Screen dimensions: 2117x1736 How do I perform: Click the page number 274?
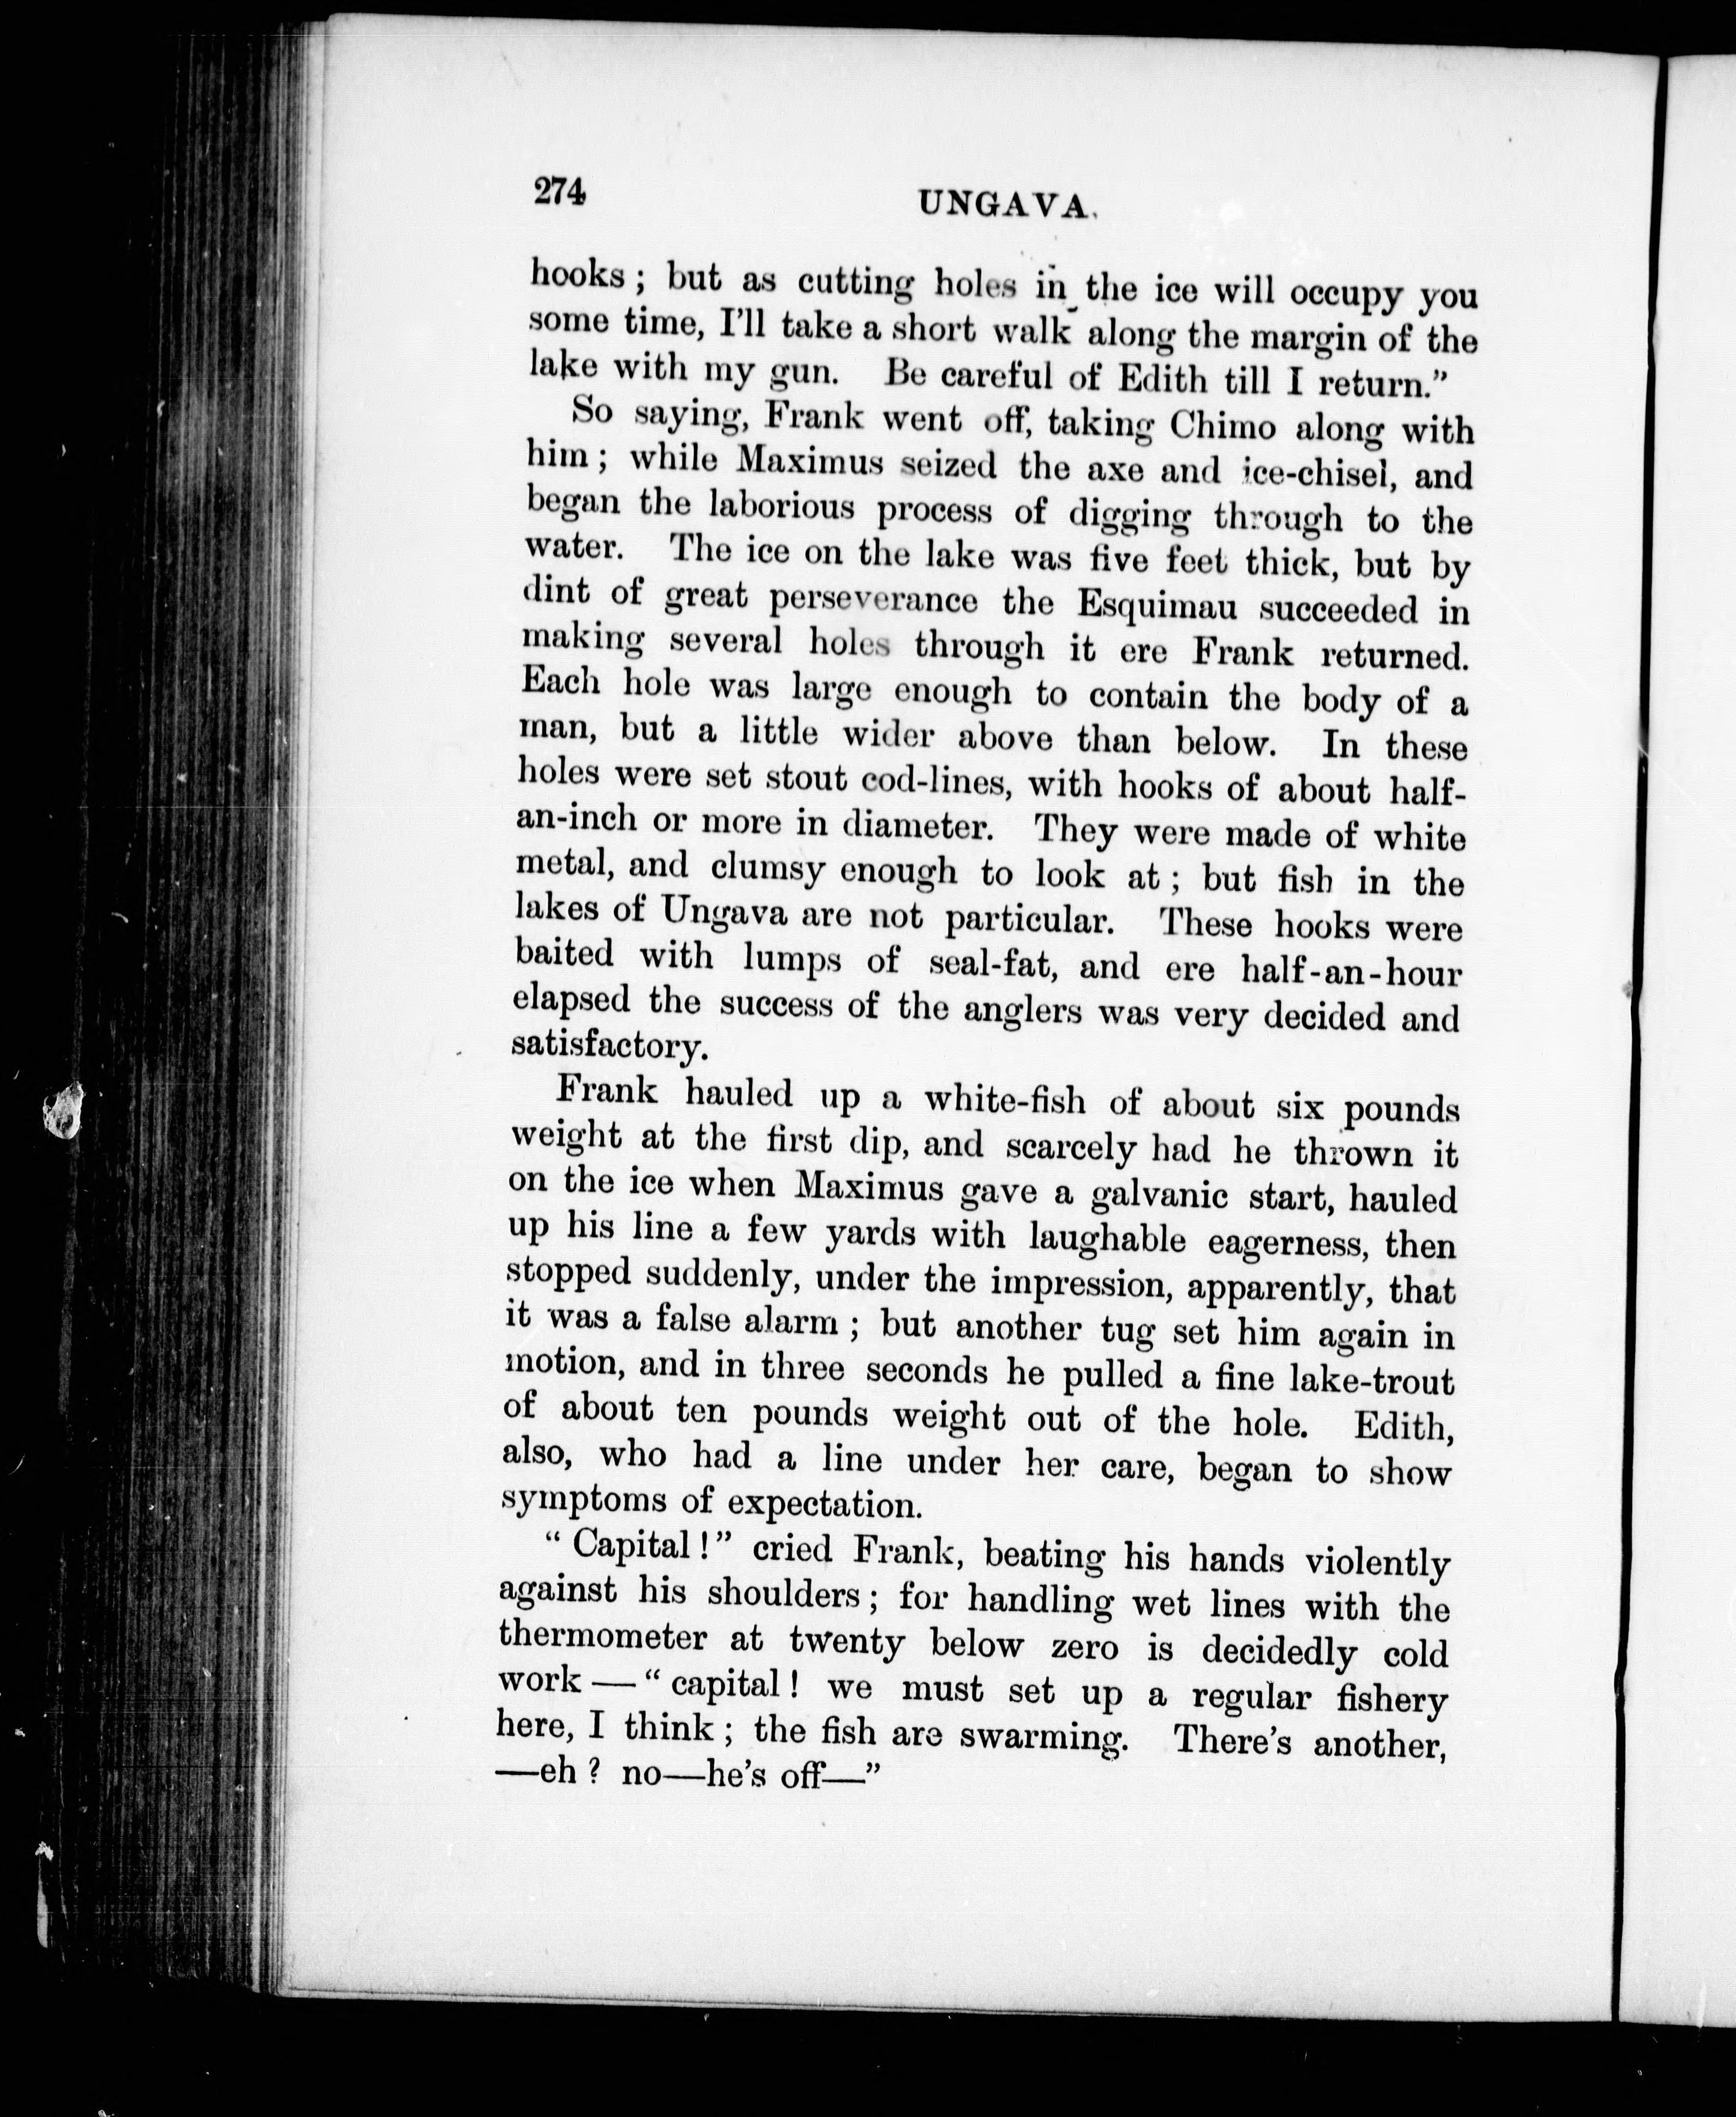(x=558, y=191)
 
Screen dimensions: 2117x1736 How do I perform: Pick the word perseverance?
(x=873, y=600)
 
